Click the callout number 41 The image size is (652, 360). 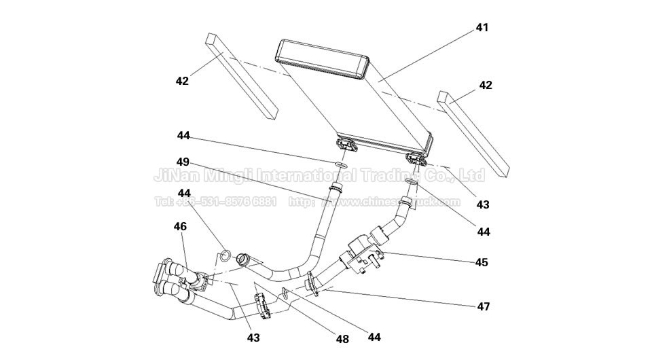482,28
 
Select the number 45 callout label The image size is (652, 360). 482,262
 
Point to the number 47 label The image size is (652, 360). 482,306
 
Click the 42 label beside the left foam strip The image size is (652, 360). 181,81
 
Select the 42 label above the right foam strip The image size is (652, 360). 485,86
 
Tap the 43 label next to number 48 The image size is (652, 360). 253,337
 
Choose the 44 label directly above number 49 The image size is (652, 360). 183,135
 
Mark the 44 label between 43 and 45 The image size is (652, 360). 483,232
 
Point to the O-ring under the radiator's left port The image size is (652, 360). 342,165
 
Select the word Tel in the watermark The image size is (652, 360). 164,202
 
